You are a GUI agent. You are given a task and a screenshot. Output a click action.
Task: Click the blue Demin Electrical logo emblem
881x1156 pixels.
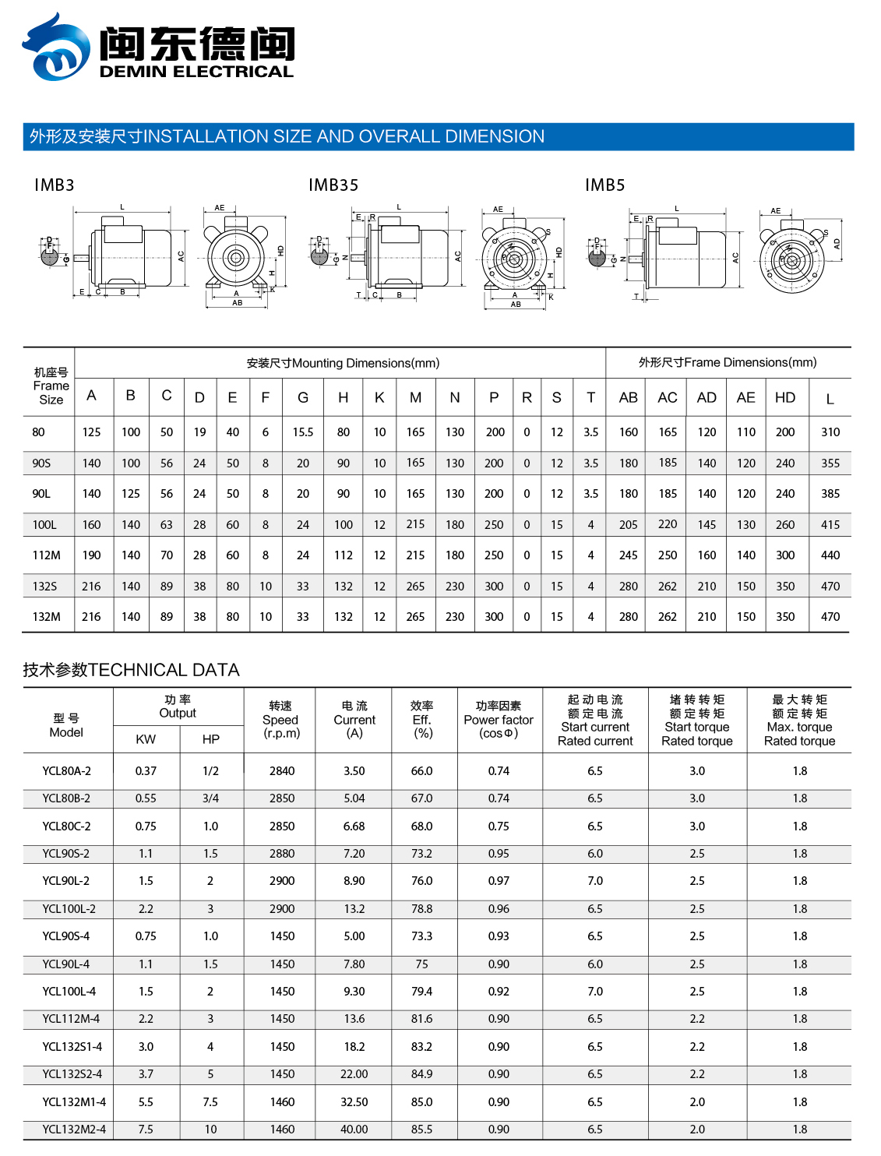[x=56, y=48]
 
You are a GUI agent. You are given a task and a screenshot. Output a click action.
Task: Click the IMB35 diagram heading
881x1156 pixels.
[x=333, y=185]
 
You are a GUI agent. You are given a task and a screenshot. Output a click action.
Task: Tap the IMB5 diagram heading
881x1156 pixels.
[x=605, y=185]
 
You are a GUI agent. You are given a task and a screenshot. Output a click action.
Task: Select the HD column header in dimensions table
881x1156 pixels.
[x=785, y=398]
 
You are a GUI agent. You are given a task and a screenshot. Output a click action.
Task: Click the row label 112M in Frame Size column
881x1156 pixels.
[x=47, y=555]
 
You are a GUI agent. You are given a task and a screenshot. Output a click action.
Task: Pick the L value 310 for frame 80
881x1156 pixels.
[x=830, y=432]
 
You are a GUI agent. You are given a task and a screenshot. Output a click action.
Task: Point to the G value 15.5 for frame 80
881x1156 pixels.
[x=303, y=432]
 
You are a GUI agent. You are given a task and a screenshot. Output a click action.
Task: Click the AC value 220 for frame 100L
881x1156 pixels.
[x=668, y=524]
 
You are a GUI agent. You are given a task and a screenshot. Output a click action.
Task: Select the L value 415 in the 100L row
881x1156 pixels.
[x=830, y=525]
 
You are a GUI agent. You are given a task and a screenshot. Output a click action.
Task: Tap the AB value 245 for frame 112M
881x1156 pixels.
[x=629, y=555]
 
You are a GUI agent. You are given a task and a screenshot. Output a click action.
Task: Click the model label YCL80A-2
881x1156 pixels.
[x=67, y=771]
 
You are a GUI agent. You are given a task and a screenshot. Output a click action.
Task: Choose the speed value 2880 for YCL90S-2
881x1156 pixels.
[x=282, y=854]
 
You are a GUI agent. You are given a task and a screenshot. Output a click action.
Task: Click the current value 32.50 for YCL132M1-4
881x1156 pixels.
[x=354, y=1102]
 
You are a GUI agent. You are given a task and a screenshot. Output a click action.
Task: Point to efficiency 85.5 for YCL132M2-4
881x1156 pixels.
[x=422, y=1130]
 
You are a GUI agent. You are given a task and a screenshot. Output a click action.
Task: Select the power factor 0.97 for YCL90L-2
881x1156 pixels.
[x=499, y=881]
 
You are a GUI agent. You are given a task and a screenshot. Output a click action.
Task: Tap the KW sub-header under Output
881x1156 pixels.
[x=146, y=739]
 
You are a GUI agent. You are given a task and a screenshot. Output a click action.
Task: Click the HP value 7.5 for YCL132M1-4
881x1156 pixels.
[x=210, y=1102]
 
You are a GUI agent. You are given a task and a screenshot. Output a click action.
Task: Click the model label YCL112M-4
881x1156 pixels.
[x=71, y=1019]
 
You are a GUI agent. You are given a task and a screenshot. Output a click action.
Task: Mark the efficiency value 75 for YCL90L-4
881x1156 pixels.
[x=422, y=964]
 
